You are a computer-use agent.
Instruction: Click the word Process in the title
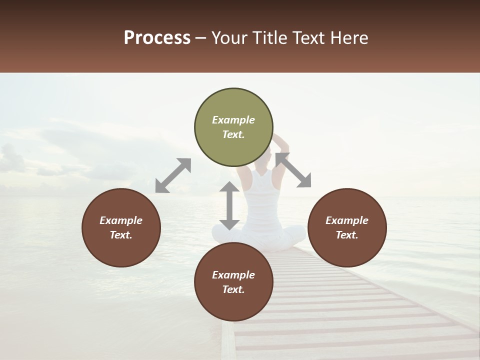[157, 38]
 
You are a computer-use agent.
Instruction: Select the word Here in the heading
[350, 38]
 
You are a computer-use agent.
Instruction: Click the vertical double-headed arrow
[229, 205]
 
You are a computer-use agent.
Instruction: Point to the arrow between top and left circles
[173, 175]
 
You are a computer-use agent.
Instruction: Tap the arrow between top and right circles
[293, 170]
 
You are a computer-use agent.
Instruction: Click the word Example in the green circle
[233, 120]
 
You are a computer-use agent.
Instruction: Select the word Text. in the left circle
[121, 235]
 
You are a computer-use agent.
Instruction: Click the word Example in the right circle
[347, 220]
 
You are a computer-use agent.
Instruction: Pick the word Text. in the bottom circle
[233, 289]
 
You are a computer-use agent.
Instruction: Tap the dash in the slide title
[200, 38]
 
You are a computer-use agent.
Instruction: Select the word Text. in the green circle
[233, 134]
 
